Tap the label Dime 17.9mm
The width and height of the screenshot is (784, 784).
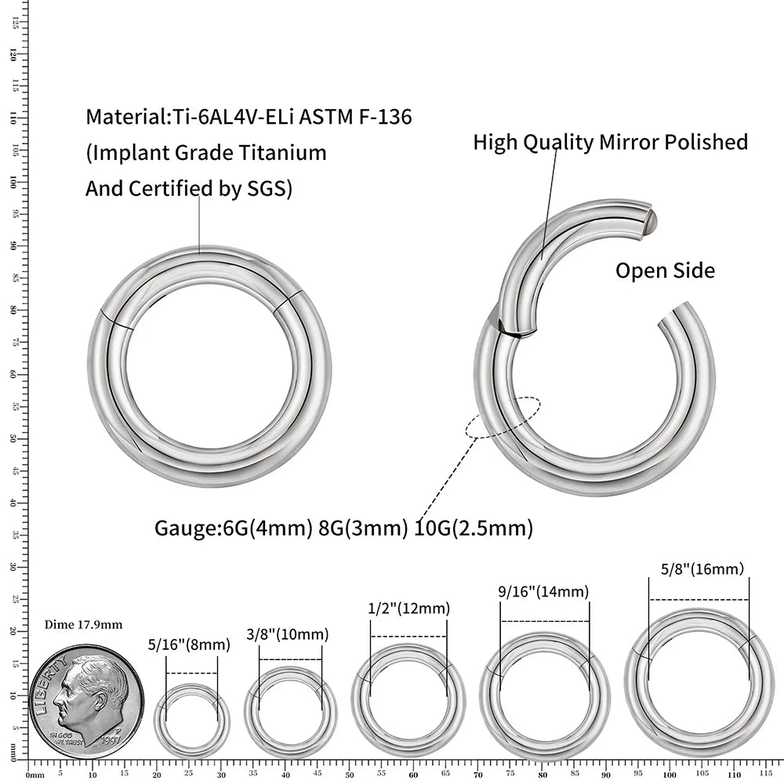(x=83, y=625)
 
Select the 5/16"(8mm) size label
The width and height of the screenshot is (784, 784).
(x=189, y=645)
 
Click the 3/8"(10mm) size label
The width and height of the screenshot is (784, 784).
(x=287, y=634)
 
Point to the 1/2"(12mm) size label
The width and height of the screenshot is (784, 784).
(x=408, y=608)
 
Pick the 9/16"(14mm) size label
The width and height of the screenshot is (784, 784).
(x=543, y=592)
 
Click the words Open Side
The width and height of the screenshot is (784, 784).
(x=665, y=270)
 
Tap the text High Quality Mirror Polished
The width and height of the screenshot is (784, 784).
(x=610, y=142)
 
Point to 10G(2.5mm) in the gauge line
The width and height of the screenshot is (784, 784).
(x=474, y=528)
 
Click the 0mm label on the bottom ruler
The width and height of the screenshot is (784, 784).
(x=34, y=775)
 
